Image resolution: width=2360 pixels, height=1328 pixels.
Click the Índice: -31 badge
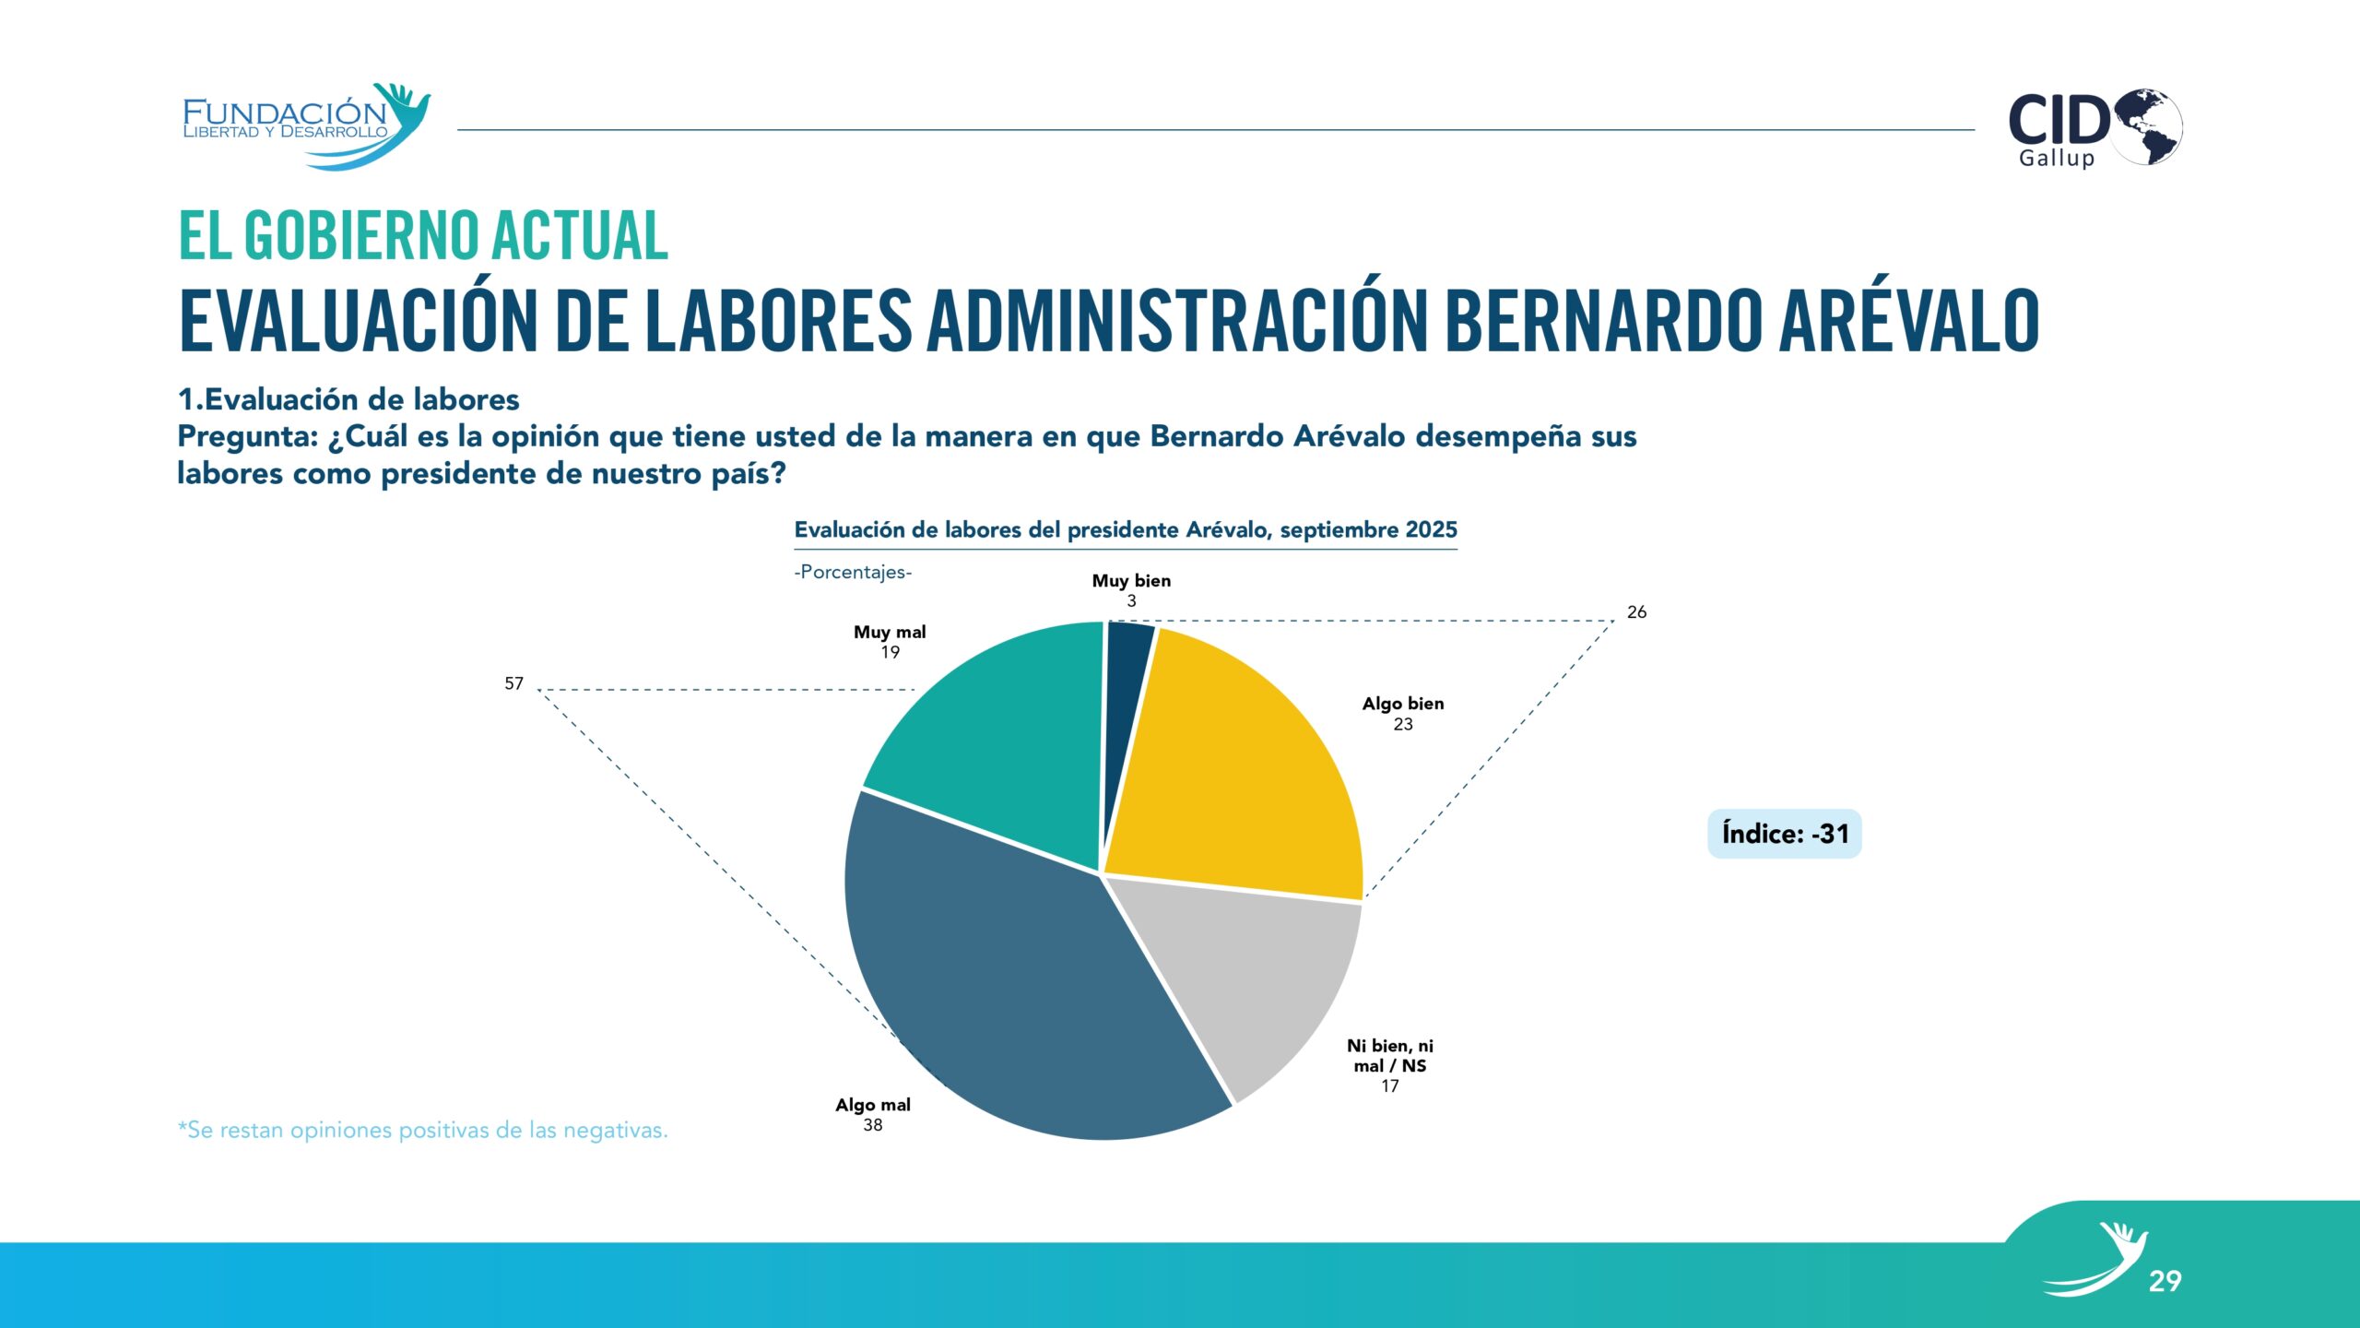click(1784, 834)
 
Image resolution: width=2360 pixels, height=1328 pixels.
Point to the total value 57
click(513, 683)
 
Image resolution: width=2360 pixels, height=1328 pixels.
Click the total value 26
click(1636, 612)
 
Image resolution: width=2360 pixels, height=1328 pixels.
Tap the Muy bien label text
click(1131, 581)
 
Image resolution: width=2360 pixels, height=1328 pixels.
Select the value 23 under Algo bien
click(1402, 725)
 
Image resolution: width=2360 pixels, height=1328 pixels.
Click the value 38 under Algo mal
click(872, 1125)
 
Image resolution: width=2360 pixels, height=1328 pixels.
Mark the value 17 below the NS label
click(1389, 1086)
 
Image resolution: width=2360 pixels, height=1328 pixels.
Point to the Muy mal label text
click(890, 633)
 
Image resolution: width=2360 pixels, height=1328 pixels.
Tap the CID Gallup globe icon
click(2148, 127)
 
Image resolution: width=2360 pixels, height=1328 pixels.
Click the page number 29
click(2165, 1281)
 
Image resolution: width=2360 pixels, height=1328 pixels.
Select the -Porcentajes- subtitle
click(853, 572)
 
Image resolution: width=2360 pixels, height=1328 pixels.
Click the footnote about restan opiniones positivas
click(422, 1131)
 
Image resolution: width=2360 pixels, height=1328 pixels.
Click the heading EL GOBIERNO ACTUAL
click(422, 235)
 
